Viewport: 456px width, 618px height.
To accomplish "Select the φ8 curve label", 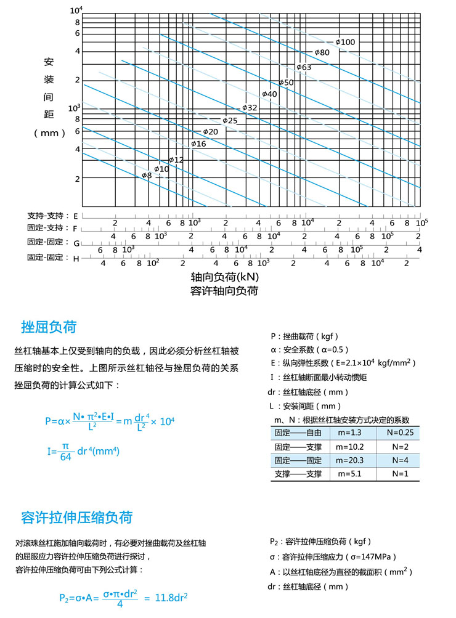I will coord(147,176).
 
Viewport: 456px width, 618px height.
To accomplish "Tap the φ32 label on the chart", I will coord(250,107).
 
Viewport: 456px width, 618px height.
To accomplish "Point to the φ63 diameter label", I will coord(303,67).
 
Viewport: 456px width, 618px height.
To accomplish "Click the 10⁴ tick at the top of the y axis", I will coord(76,10).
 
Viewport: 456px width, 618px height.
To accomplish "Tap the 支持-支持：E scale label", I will coord(52,216).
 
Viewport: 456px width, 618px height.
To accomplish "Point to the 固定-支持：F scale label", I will coord(52,229).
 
